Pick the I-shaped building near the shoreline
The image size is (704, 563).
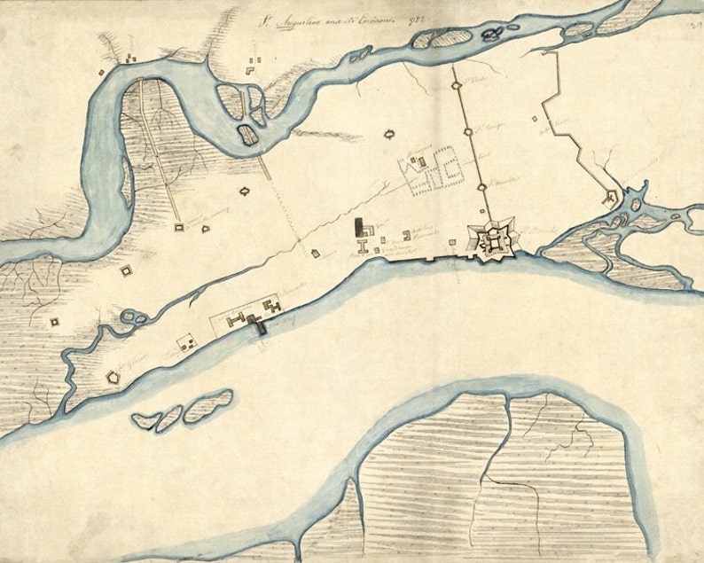[x=363, y=245]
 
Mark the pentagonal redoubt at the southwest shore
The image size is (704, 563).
[x=114, y=377]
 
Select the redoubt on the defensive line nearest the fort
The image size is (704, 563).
[x=481, y=186]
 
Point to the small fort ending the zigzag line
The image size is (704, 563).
[x=611, y=199]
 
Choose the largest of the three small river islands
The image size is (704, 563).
[x=209, y=403]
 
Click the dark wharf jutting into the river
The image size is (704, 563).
[x=260, y=326]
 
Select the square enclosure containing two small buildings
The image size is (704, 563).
[x=187, y=342]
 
